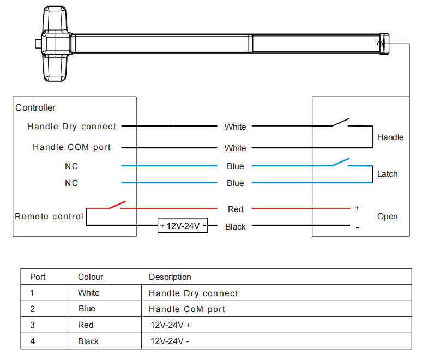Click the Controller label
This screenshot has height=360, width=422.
click(35, 108)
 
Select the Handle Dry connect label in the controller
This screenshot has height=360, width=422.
click(71, 127)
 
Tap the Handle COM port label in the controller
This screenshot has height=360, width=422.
click(71, 147)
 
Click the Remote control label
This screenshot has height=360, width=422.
click(49, 217)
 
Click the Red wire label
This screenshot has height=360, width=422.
click(235, 209)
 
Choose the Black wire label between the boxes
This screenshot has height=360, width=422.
click(235, 227)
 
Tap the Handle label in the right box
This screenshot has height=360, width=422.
click(390, 137)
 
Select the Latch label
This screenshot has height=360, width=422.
click(388, 174)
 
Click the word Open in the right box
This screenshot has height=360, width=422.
click(387, 217)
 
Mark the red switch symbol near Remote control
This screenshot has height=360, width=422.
click(116, 205)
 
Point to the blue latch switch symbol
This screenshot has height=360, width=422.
click(340, 161)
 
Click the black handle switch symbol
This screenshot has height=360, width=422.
click(340, 122)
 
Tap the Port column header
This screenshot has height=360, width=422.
click(38, 277)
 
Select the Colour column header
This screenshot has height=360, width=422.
click(91, 277)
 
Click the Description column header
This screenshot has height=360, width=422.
click(170, 277)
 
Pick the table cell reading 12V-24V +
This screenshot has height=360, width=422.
click(171, 325)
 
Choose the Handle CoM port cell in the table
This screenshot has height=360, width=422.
click(187, 309)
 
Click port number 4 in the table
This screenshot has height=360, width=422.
click(32, 341)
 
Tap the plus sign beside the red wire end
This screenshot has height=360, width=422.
click(357, 208)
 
